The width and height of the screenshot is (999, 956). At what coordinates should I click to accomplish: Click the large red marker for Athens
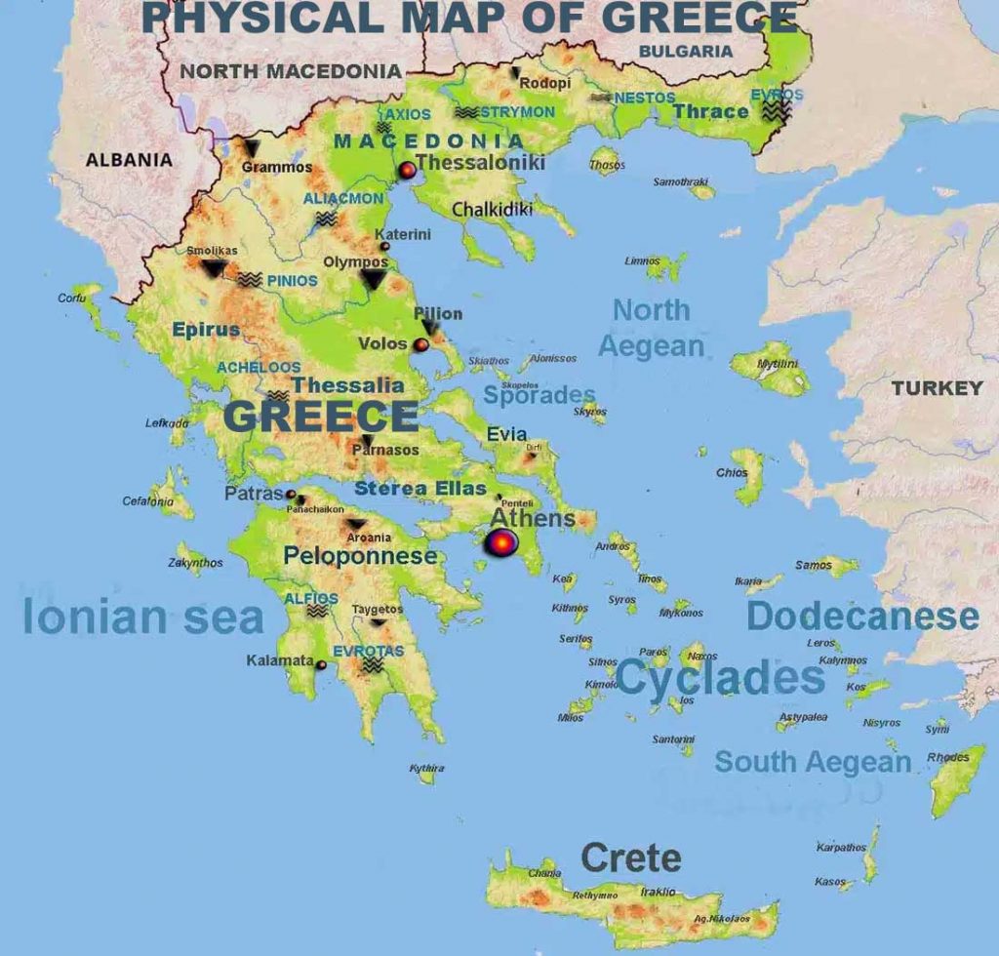point(500,543)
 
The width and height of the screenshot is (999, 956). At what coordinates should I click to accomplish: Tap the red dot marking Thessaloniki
point(407,172)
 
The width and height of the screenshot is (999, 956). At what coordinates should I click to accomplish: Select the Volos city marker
point(420,344)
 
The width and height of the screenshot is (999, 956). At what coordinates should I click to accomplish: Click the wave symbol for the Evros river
point(777,112)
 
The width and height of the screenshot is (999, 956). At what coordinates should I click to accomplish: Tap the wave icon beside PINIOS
point(250,280)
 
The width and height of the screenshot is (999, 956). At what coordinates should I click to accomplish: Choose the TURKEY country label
point(937,388)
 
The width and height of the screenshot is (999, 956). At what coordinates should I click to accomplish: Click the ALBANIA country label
point(129,160)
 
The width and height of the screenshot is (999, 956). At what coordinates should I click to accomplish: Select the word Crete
point(630,858)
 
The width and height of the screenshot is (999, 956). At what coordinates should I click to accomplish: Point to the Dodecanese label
point(862,617)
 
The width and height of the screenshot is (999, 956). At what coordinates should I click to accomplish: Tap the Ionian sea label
point(142,618)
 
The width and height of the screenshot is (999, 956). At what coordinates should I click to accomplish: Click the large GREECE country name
point(321,417)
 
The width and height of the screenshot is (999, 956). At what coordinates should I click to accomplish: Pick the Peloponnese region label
point(360,556)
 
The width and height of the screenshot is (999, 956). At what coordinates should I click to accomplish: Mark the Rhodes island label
point(948,757)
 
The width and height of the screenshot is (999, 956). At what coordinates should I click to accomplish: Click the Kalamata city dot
point(321,664)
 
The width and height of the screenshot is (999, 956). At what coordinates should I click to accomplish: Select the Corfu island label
point(72,299)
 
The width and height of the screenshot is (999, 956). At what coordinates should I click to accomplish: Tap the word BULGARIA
point(685,51)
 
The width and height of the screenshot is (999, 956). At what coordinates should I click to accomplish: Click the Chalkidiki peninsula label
point(492,210)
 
